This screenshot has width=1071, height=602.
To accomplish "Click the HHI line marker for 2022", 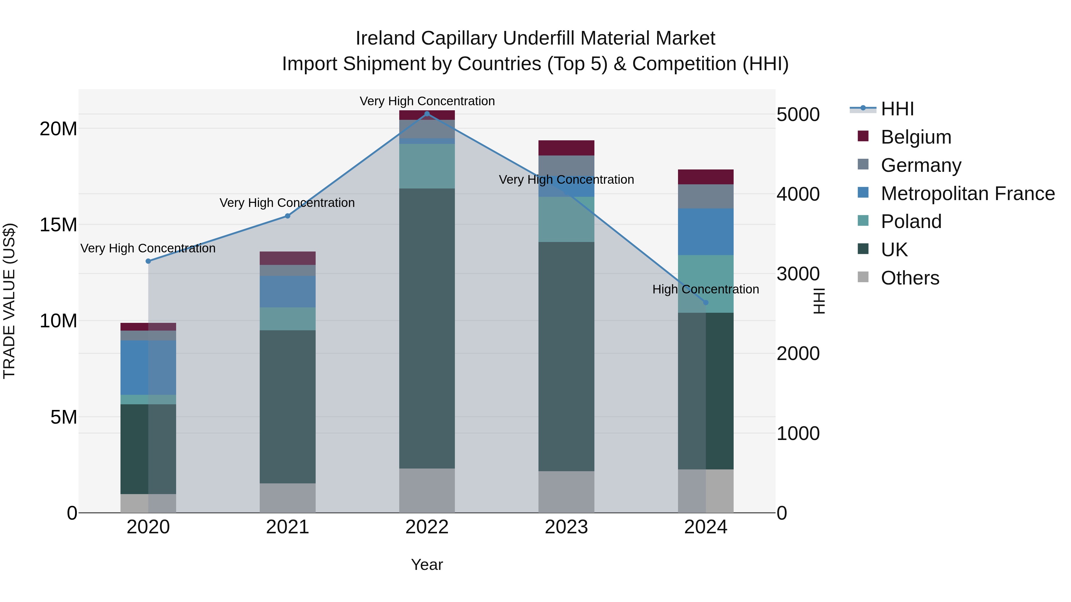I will click(x=427, y=114).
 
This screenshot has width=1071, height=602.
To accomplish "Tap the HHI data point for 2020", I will click(x=148, y=261).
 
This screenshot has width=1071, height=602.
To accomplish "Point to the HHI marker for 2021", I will click(x=287, y=216).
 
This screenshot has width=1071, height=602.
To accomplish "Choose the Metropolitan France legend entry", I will click(x=967, y=194).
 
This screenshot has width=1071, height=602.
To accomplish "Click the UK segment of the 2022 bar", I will click(x=427, y=328).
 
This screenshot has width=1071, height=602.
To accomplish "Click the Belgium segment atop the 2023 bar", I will click(x=566, y=148).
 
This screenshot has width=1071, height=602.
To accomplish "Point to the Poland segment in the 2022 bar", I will click(x=427, y=166).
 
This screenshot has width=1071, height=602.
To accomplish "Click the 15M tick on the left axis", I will click(x=58, y=225).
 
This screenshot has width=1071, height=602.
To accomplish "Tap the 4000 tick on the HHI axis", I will click(x=798, y=194).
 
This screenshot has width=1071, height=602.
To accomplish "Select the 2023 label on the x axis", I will click(x=566, y=527).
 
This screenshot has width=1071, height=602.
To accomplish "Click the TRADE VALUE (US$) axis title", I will click(x=9, y=301).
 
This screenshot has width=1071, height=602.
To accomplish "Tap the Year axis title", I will click(x=427, y=565).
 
